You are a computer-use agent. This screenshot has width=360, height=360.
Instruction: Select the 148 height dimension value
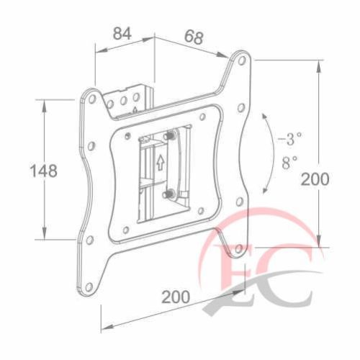[x=43, y=171]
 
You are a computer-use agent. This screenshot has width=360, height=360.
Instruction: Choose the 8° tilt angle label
[x=292, y=162]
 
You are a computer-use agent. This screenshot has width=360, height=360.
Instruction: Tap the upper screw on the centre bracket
[x=170, y=135]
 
